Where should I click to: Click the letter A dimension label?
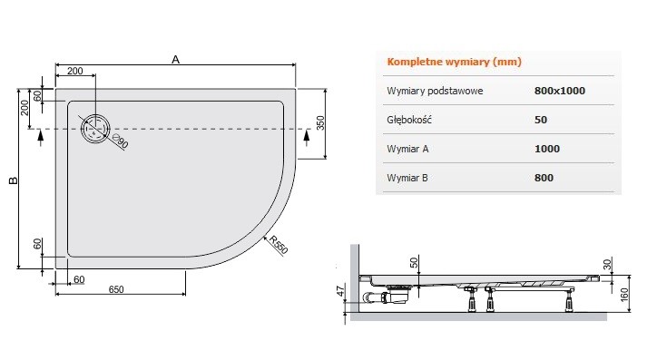pyautogui.click(x=175, y=60)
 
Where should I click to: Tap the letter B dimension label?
pyautogui.click(x=12, y=180)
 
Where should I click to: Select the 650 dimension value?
pyautogui.click(x=115, y=289)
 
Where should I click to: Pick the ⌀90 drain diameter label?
pyautogui.click(x=121, y=141)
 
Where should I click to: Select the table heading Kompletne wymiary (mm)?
pyautogui.click(x=454, y=62)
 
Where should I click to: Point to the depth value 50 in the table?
pyautogui.click(x=541, y=120)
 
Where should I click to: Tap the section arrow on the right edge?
pyautogui.click(x=306, y=136)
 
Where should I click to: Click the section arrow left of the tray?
pyautogui.click(x=39, y=136)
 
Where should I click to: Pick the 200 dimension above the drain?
pyautogui.click(x=74, y=71)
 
